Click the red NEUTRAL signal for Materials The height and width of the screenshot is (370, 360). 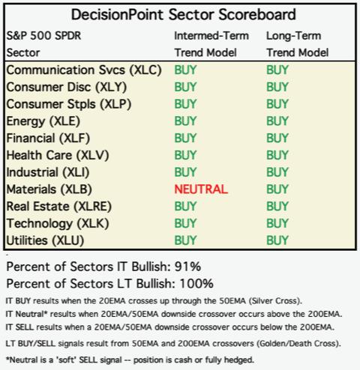tap(201, 189)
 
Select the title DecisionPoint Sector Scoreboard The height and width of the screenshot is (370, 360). tap(184, 14)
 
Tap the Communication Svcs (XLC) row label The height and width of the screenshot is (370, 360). tap(84, 70)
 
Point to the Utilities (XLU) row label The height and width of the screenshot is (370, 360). tap(45, 240)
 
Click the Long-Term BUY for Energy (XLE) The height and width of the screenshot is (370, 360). tap(277, 121)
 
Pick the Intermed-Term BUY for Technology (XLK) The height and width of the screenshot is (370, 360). tap(185, 223)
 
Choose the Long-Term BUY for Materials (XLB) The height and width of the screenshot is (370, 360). tap(277, 189)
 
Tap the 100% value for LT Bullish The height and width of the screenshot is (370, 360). tap(196, 284)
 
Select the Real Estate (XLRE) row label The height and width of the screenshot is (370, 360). tap(59, 207)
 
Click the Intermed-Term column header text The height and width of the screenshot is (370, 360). tap(211, 36)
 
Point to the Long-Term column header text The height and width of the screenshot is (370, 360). tap(294, 36)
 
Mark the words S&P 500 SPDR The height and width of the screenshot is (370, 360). tap(43, 36)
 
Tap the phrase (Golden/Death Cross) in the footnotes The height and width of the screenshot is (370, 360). tap(298, 344)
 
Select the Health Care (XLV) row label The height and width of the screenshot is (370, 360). tap(58, 155)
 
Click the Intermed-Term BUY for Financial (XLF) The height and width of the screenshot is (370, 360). tap(185, 138)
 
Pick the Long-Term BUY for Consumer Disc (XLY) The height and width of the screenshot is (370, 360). tap(277, 87)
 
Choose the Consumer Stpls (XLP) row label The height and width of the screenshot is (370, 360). tap(69, 104)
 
